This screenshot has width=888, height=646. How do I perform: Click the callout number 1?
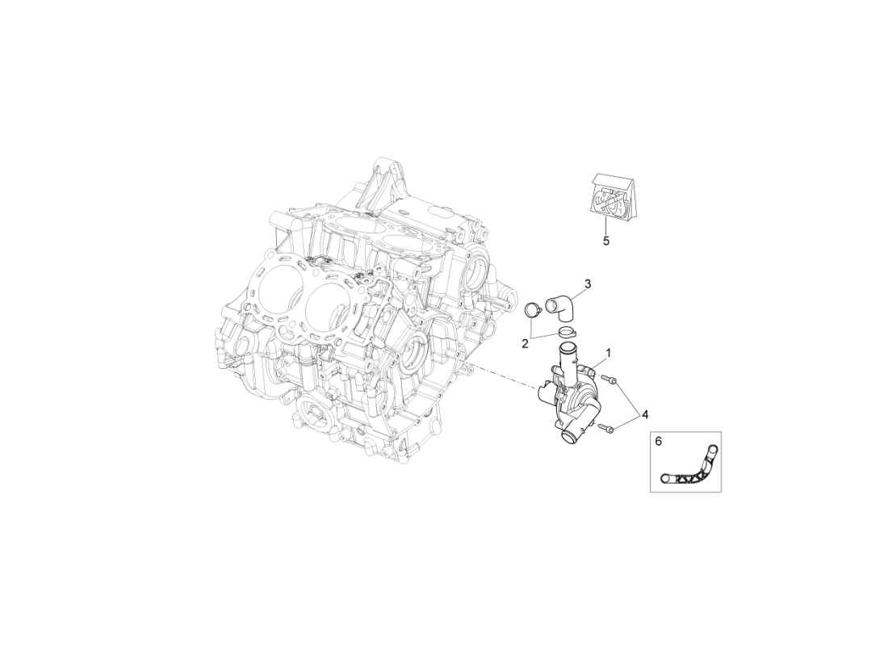tap(608, 353)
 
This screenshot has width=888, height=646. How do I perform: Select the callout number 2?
tap(525, 343)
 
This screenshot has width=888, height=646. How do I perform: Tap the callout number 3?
tap(588, 283)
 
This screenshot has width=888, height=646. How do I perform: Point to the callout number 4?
tap(645, 414)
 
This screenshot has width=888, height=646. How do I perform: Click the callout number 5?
tap(606, 240)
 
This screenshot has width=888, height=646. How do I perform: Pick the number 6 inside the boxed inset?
tap(658, 442)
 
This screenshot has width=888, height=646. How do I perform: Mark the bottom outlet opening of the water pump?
tap(569, 437)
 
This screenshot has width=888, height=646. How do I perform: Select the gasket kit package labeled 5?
tap(613, 197)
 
